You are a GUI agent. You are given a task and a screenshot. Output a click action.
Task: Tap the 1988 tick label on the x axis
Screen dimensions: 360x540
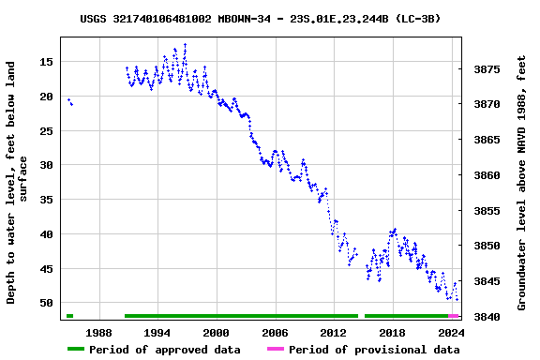(x=98, y=332)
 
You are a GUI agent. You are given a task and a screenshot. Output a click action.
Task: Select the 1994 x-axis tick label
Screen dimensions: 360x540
(x=157, y=332)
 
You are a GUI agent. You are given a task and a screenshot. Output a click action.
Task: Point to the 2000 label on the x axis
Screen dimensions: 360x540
(x=216, y=332)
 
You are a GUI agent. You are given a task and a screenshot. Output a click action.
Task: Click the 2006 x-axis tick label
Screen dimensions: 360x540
(x=275, y=332)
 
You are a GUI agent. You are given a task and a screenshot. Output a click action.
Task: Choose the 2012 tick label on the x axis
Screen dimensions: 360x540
(x=334, y=332)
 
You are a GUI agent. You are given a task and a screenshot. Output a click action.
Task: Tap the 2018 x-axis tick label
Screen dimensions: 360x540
(x=392, y=332)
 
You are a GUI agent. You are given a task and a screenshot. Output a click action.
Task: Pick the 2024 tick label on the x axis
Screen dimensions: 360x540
(x=451, y=332)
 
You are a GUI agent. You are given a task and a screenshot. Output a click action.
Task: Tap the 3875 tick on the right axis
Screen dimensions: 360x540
(x=487, y=69)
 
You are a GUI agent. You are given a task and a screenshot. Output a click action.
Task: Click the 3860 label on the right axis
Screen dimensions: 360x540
(x=487, y=175)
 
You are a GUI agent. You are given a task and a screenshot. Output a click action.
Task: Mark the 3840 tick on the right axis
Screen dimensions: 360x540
(x=487, y=317)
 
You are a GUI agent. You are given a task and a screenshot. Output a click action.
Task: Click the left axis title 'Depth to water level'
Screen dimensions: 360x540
(x=17, y=183)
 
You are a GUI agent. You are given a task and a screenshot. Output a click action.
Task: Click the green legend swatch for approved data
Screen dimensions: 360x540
(x=76, y=350)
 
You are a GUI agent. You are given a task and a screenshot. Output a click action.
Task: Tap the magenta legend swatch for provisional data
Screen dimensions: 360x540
(x=275, y=350)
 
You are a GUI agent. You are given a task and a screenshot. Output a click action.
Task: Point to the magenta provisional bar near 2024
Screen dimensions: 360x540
(x=453, y=316)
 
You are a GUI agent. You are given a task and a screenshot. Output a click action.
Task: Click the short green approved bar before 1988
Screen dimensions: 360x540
(x=69, y=316)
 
